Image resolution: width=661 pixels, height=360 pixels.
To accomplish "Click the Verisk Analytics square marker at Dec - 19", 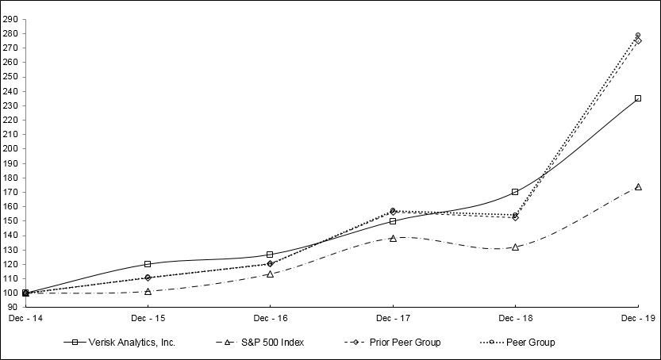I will click(638, 98).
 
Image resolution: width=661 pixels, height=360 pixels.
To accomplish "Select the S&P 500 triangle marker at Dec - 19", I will click(638, 187).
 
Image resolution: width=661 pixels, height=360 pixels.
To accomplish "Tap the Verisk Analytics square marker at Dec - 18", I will click(515, 192).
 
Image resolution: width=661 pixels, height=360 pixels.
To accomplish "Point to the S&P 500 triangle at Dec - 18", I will click(515, 247).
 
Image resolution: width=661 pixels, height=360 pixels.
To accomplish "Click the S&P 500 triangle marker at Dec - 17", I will click(393, 238).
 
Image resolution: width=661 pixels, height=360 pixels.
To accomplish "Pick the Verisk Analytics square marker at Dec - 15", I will click(148, 264).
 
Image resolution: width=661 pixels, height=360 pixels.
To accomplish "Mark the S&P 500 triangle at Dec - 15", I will click(148, 291).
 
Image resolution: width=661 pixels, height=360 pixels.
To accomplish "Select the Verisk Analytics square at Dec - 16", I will click(270, 255).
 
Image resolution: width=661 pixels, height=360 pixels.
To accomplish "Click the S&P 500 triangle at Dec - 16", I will click(270, 274).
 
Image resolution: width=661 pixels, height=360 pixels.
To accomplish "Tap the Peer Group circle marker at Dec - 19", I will click(638, 35).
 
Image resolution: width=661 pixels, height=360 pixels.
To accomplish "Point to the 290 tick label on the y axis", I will click(11, 19).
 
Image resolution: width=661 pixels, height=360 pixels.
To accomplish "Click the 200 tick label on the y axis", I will click(11, 149).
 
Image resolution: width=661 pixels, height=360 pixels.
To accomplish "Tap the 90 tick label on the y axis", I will click(13, 307).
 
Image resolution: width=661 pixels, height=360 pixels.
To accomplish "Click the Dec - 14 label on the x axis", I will click(25, 317).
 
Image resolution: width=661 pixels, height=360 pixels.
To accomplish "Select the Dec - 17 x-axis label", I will click(393, 317).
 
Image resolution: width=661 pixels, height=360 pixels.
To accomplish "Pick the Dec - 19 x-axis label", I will click(637, 317).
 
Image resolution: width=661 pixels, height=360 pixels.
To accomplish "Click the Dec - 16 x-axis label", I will click(270, 317).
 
